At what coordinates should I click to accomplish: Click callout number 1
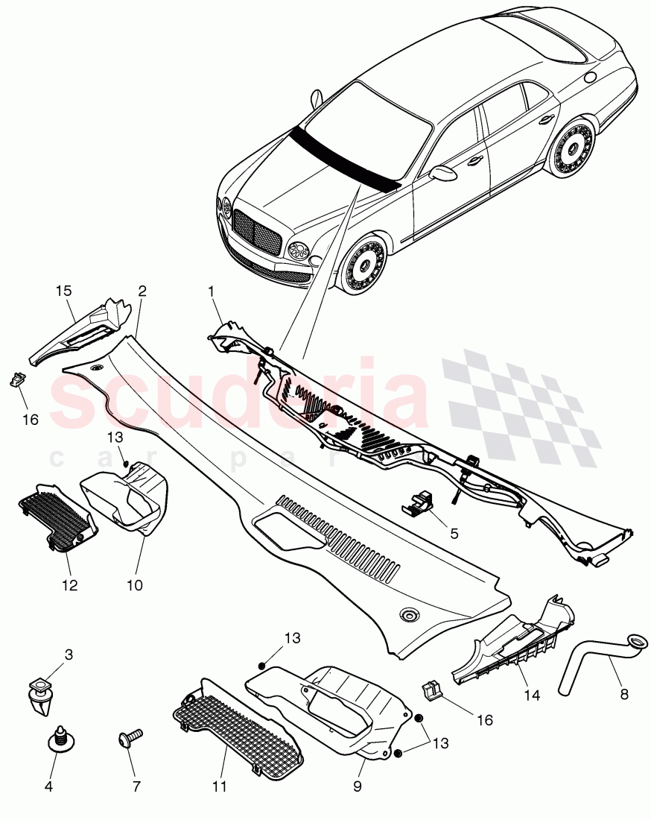pyautogui.click(x=212, y=293)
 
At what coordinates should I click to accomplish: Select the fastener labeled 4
pyautogui.click(x=57, y=740)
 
